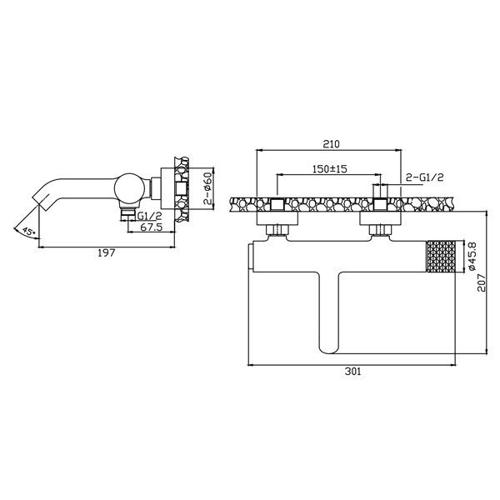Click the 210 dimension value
tap(330, 142)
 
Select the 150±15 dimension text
tap(329, 168)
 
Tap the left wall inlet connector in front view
tap(280, 218)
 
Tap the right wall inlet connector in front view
tap(379, 218)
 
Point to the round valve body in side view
tap(129, 189)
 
